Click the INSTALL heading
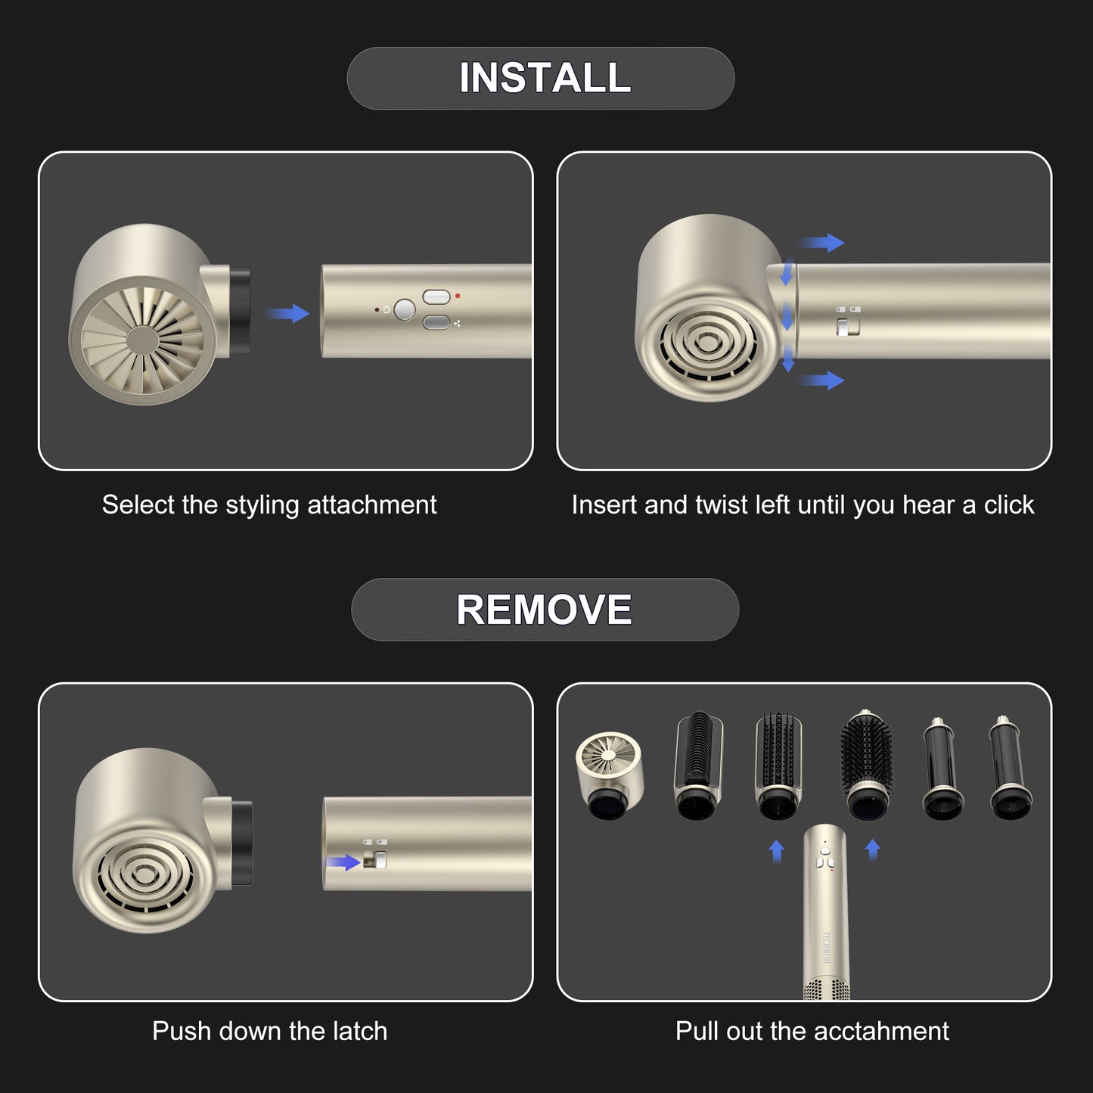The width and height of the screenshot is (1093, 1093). pos(545,78)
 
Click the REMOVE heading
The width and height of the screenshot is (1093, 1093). pos(544,610)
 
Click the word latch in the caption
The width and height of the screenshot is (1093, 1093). pos(360,1031)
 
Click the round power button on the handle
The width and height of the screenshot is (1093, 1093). pos(405,309)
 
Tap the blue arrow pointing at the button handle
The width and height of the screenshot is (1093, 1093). pos(288,313)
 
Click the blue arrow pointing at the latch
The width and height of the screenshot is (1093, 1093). pos(343,863)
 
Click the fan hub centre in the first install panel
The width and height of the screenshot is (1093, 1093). pos(142,340)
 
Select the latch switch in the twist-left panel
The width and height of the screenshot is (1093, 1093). pos(848,328)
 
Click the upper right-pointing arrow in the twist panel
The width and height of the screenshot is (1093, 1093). pos(822,242)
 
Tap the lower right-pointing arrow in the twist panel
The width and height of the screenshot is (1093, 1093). pos(822,380)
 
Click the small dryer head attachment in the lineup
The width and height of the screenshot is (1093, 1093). pos(609,775)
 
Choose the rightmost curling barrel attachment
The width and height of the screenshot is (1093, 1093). pos(1011,768)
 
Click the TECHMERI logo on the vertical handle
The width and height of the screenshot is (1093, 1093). pos(826,947)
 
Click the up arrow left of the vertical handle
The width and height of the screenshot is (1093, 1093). pos(777,851)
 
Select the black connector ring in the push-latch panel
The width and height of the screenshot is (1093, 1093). pos(242,843)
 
